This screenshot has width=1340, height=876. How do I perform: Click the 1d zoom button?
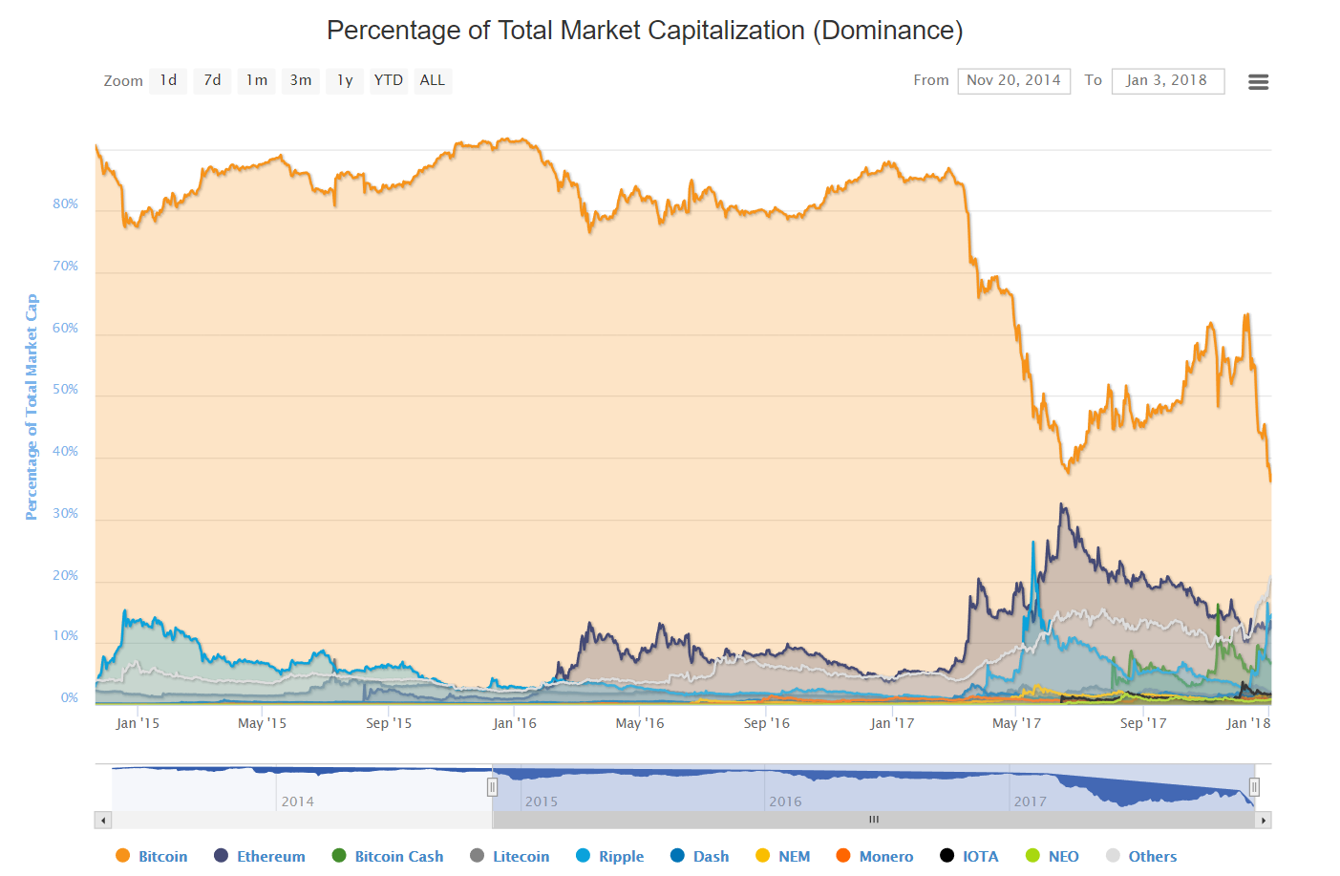[x=168, y=80]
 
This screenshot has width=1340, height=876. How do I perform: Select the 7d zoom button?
[x=212, y=80]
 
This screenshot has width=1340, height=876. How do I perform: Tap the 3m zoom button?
[x=301, y=80]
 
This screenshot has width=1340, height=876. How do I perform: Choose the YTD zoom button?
[x=388, y=80]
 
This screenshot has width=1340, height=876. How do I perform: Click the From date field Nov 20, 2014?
[x=1013, y=80]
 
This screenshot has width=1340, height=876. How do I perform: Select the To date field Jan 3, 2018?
[x=1167, y=80]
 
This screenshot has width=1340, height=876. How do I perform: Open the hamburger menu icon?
[x=1258, y=82]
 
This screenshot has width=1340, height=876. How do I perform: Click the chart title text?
[x=645, y=31]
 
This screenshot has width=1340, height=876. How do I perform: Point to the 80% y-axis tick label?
[x=66, y=203]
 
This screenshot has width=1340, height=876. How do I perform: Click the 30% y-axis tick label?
[x=66, y=513]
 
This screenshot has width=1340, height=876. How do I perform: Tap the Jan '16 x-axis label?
[x=515, y=723]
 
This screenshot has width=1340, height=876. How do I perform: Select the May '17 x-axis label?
[x=1016, y=723]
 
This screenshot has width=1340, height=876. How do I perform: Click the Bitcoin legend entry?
[x=152, y=856]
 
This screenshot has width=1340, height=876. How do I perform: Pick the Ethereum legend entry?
[x=260, y=856]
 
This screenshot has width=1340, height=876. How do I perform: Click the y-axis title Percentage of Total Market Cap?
[x=32, y=407]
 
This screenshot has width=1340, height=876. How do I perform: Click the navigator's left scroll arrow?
[x=103, y=820]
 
